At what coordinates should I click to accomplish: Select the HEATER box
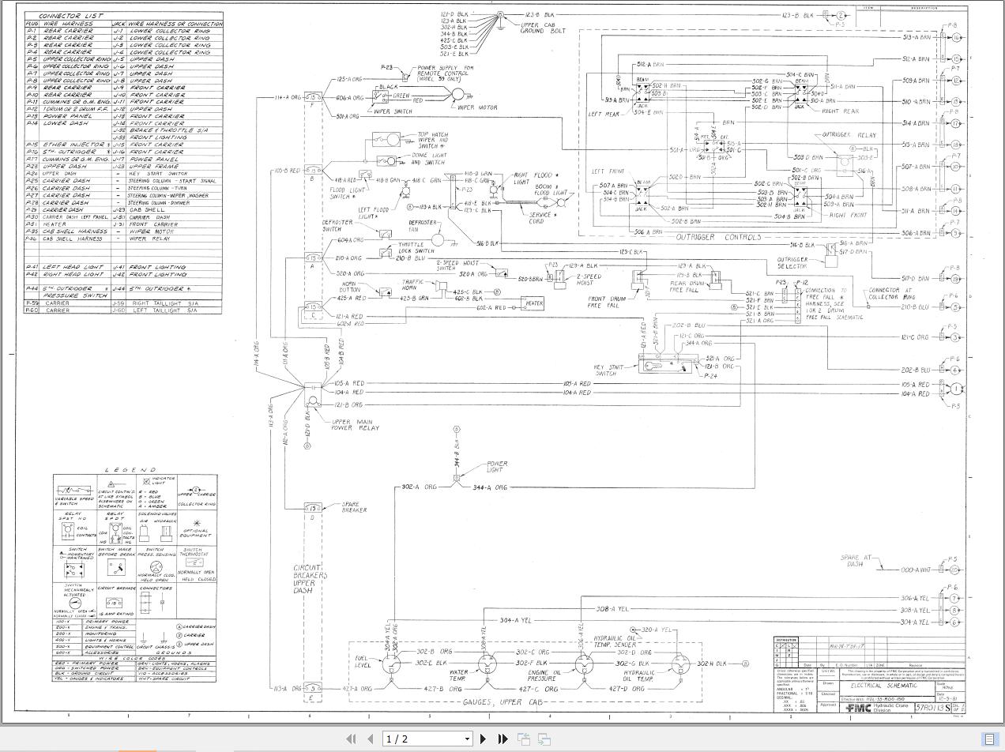click(x=534, y=303)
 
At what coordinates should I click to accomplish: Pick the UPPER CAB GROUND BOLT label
click(x=543, y=27)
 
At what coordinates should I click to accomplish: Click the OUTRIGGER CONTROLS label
click(x=718, y=237)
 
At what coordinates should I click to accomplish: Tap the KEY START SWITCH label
click(x=608, y=370)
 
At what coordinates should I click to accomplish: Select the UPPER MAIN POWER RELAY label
click(x=355, y=425)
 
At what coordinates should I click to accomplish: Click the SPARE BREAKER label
click(x=352, y=507)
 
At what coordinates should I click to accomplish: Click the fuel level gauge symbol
click(x=391, y=663)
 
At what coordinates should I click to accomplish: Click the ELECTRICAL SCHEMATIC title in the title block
click(x=883, y=686)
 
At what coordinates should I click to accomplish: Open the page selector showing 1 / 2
click(x=427, y=739)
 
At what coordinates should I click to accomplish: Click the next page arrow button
click(x=484, y=739)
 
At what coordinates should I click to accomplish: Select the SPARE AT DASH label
click(x=855, y=561)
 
